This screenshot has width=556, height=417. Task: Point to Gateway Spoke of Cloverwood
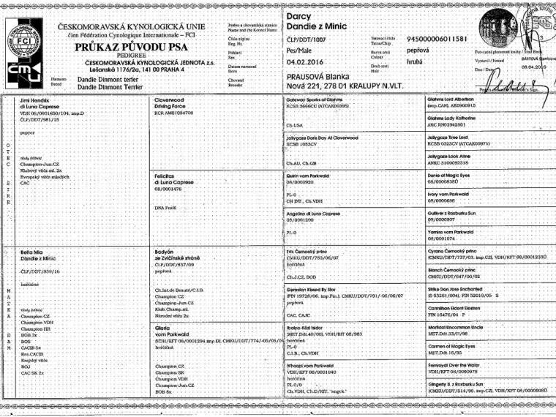tap(319, 99)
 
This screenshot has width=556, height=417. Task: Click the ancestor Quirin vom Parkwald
tap(315, 176)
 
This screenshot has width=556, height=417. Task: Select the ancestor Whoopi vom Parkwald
tap(315, 367)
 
